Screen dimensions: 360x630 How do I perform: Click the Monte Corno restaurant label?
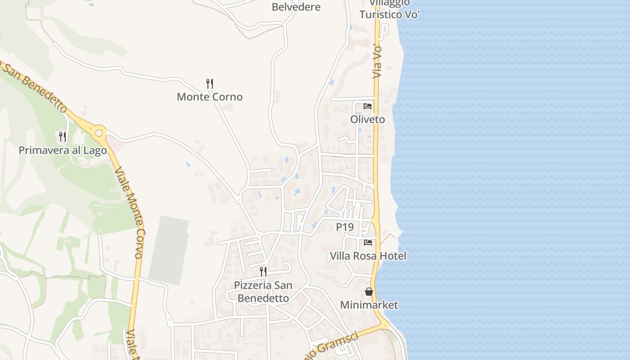point(209,97)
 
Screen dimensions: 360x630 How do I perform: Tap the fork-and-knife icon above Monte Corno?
point(209,83)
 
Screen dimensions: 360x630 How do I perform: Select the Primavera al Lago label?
point(63,150)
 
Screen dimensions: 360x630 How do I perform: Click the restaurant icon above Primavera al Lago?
point(63,136)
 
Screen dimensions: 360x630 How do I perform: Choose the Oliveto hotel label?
point(368,119)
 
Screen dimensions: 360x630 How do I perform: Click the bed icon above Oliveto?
point(368,106)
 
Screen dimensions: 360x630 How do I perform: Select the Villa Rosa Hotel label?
point(368,256)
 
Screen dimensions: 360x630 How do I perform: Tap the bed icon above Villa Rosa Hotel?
point(368,243)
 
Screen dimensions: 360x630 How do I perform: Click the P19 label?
point(345,227)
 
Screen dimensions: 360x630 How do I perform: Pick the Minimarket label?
point(369,305)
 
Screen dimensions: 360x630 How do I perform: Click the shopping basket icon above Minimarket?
point(369,292)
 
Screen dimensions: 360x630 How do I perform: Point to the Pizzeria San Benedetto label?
point(263,292)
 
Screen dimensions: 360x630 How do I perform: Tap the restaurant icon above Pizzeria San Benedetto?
point(263,271)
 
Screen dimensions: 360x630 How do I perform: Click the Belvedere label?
point(296,7)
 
